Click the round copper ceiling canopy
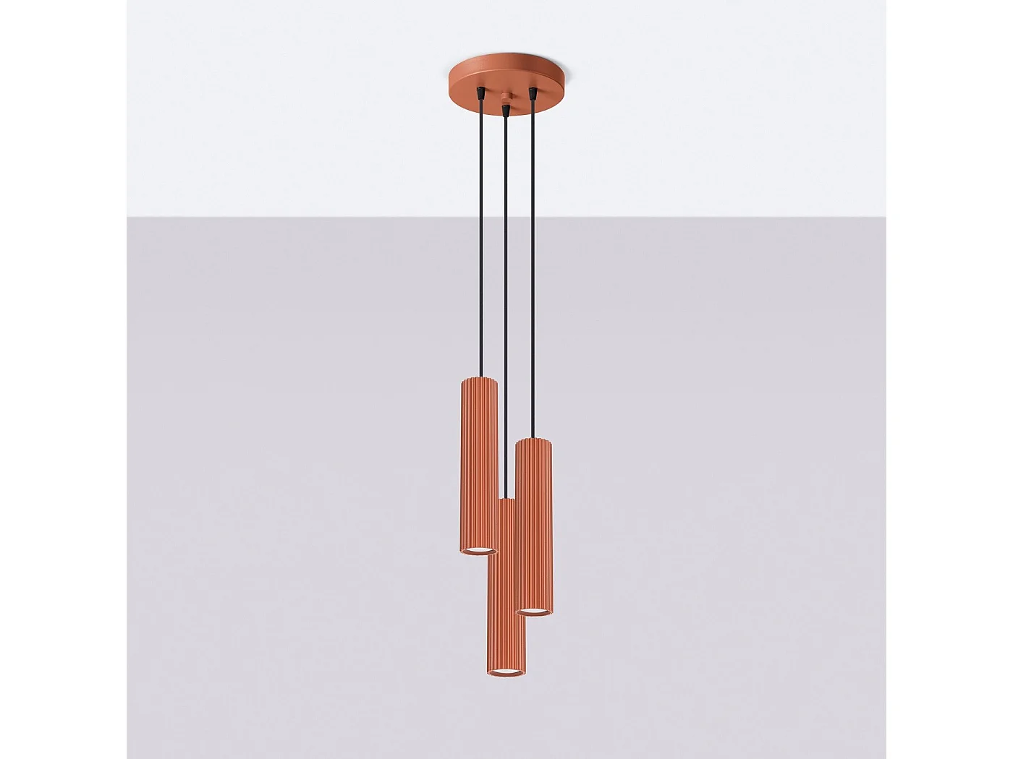tap(506, 79)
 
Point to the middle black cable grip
tap(506, 109)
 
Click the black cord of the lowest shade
tap(506, 304)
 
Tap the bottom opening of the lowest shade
tap(506, 673)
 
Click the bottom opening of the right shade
tap(535, 612)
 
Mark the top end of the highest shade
tap(479, 379)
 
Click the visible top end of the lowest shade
tap(506, 501)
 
